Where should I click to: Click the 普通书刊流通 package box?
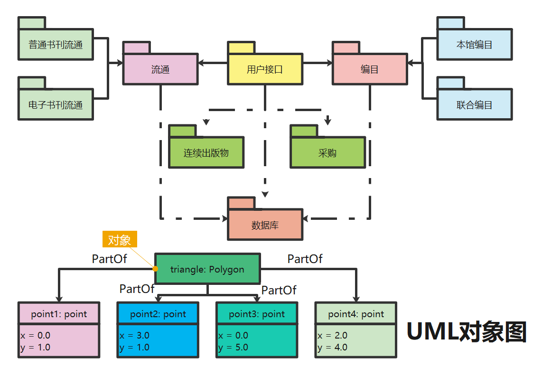coord(56,44)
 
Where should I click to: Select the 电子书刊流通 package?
coord(56,104)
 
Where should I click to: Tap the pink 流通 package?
coord(160,69)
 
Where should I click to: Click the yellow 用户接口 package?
coord(265,69)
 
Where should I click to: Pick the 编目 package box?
coord(370,69)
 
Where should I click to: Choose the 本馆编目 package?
coord(475,44)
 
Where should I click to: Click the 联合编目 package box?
coord(475,104)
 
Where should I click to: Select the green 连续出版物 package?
coord(206,152)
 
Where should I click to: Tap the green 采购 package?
coord(327,152)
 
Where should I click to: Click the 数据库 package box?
coord(265,225)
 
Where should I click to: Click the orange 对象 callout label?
coord(120,239)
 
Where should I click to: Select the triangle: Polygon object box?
coord(207,269)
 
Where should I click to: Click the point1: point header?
coord(59,314)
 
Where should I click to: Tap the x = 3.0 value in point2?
coord(134,335)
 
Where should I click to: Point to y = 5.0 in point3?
coord(233,347)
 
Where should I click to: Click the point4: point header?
coord(356,314)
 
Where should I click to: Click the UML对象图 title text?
coord(467,331)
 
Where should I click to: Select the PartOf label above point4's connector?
coord(305,259)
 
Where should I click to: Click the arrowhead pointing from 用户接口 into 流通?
coord(201,63)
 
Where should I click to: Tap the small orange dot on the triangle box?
coord(155,269)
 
